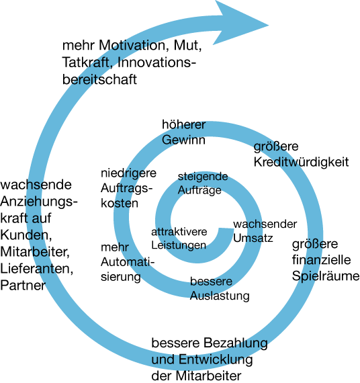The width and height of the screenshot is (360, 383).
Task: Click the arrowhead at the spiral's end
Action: coord(240,24)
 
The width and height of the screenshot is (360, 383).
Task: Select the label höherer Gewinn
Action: coord(183,132)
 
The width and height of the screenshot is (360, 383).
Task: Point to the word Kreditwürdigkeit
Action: coord(301,162)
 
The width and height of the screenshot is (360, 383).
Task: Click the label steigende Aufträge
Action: coord(203,183)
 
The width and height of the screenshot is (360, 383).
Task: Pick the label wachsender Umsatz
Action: coord(265,231)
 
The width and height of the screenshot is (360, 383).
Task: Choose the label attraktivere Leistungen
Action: coord(179,239)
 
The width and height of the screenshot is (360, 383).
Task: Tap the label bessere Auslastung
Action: coord(220,289)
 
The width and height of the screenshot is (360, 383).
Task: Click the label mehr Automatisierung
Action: coord(128,262)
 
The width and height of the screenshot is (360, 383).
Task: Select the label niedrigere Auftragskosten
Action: coord(128,188)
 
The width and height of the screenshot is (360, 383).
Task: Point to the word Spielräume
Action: coord(326,277)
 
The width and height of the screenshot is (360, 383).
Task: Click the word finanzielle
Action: coord(322,259)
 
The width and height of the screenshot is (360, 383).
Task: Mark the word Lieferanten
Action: coord(37,269)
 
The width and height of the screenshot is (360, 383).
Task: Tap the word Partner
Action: coord(23,286)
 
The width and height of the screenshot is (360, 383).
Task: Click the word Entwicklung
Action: coord(216,359)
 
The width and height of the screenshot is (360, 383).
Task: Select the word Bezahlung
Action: coord(236,343)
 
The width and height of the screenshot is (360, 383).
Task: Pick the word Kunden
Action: coord(26,235)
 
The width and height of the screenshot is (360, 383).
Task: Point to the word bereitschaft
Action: coord(99,79)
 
